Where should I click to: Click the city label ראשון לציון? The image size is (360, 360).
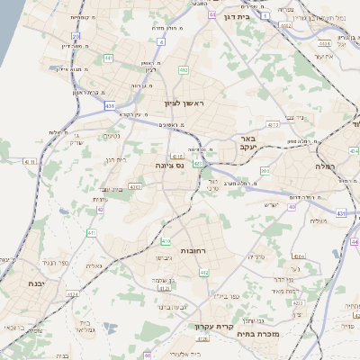coord(184,104)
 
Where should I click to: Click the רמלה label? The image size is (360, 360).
coord(324,166)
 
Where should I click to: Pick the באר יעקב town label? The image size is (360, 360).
coord(249,142)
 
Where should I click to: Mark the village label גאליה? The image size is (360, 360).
coord(94,265)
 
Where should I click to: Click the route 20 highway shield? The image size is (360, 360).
coord(76,37)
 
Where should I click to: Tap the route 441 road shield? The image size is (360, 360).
coord(108,58)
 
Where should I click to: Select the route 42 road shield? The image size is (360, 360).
coord(100,209)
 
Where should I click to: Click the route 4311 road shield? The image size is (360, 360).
coord(134,187)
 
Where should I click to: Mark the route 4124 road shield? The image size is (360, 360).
coord(72,293)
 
